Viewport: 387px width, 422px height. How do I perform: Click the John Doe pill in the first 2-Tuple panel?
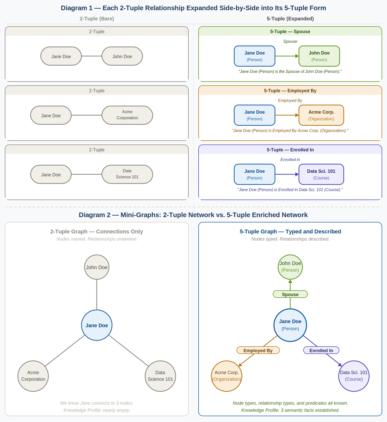click(x=122, y=56)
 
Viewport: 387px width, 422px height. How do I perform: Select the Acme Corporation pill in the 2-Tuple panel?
click(x=127, y=115)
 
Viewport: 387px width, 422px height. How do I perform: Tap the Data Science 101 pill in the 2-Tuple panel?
click(x=127, y=174)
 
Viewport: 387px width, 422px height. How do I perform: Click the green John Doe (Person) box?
click(x=319, y=56)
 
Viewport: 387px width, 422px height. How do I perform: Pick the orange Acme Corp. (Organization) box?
click(x=321, y=115)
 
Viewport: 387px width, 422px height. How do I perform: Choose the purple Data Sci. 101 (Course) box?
click(x=321, y=174)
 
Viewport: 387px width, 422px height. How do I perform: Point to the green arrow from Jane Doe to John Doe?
click(x=287, y=56)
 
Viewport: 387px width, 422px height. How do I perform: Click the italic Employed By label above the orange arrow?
click(x=290, y=100)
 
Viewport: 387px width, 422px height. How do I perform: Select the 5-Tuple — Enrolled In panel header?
click(x=290, y=150)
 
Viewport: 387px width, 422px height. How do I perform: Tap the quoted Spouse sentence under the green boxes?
click(x=290, y=72)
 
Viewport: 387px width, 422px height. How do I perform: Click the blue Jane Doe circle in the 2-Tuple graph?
click(x=97, y=325)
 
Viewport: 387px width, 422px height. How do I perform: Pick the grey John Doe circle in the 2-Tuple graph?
click(x=97, y=267)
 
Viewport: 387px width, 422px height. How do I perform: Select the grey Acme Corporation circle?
click(x=33, y=376)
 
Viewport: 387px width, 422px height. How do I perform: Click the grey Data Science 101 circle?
click(x=160, y=376)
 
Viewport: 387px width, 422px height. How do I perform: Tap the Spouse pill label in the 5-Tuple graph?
click(x=290, y=294)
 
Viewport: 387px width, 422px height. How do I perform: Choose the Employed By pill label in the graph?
click(x=258, y=350)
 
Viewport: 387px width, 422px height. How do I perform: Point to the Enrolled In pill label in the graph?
click(x=321, y=350)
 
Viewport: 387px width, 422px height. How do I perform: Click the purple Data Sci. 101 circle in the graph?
click(x=354, y=376)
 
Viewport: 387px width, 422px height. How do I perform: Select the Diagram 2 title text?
click(x=193, y=215)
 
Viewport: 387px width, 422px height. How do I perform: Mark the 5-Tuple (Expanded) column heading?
click(x=290, y=19)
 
